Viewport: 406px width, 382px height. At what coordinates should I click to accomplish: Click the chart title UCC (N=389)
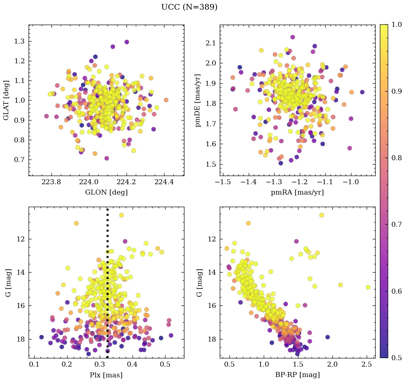click(189, 7)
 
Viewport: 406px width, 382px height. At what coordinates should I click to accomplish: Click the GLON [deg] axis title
click(106, 192)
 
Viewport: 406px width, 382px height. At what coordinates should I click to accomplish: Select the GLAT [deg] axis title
click(7, 100)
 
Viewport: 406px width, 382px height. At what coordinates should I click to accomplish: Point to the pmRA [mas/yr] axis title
click(297, 192)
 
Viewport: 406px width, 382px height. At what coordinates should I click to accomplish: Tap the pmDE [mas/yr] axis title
click(198, 100)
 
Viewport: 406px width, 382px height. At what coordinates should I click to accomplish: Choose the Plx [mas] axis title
click(106, 375)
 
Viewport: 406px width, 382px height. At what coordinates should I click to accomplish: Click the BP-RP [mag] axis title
click(297, 375)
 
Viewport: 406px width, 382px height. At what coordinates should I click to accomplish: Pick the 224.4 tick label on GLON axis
click(164, 182)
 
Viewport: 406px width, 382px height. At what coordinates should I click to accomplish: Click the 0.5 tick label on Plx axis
click(165, 364)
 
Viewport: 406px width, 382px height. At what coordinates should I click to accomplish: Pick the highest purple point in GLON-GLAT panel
click(127, 42)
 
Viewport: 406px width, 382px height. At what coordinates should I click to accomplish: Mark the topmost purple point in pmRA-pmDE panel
click(292, 37)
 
